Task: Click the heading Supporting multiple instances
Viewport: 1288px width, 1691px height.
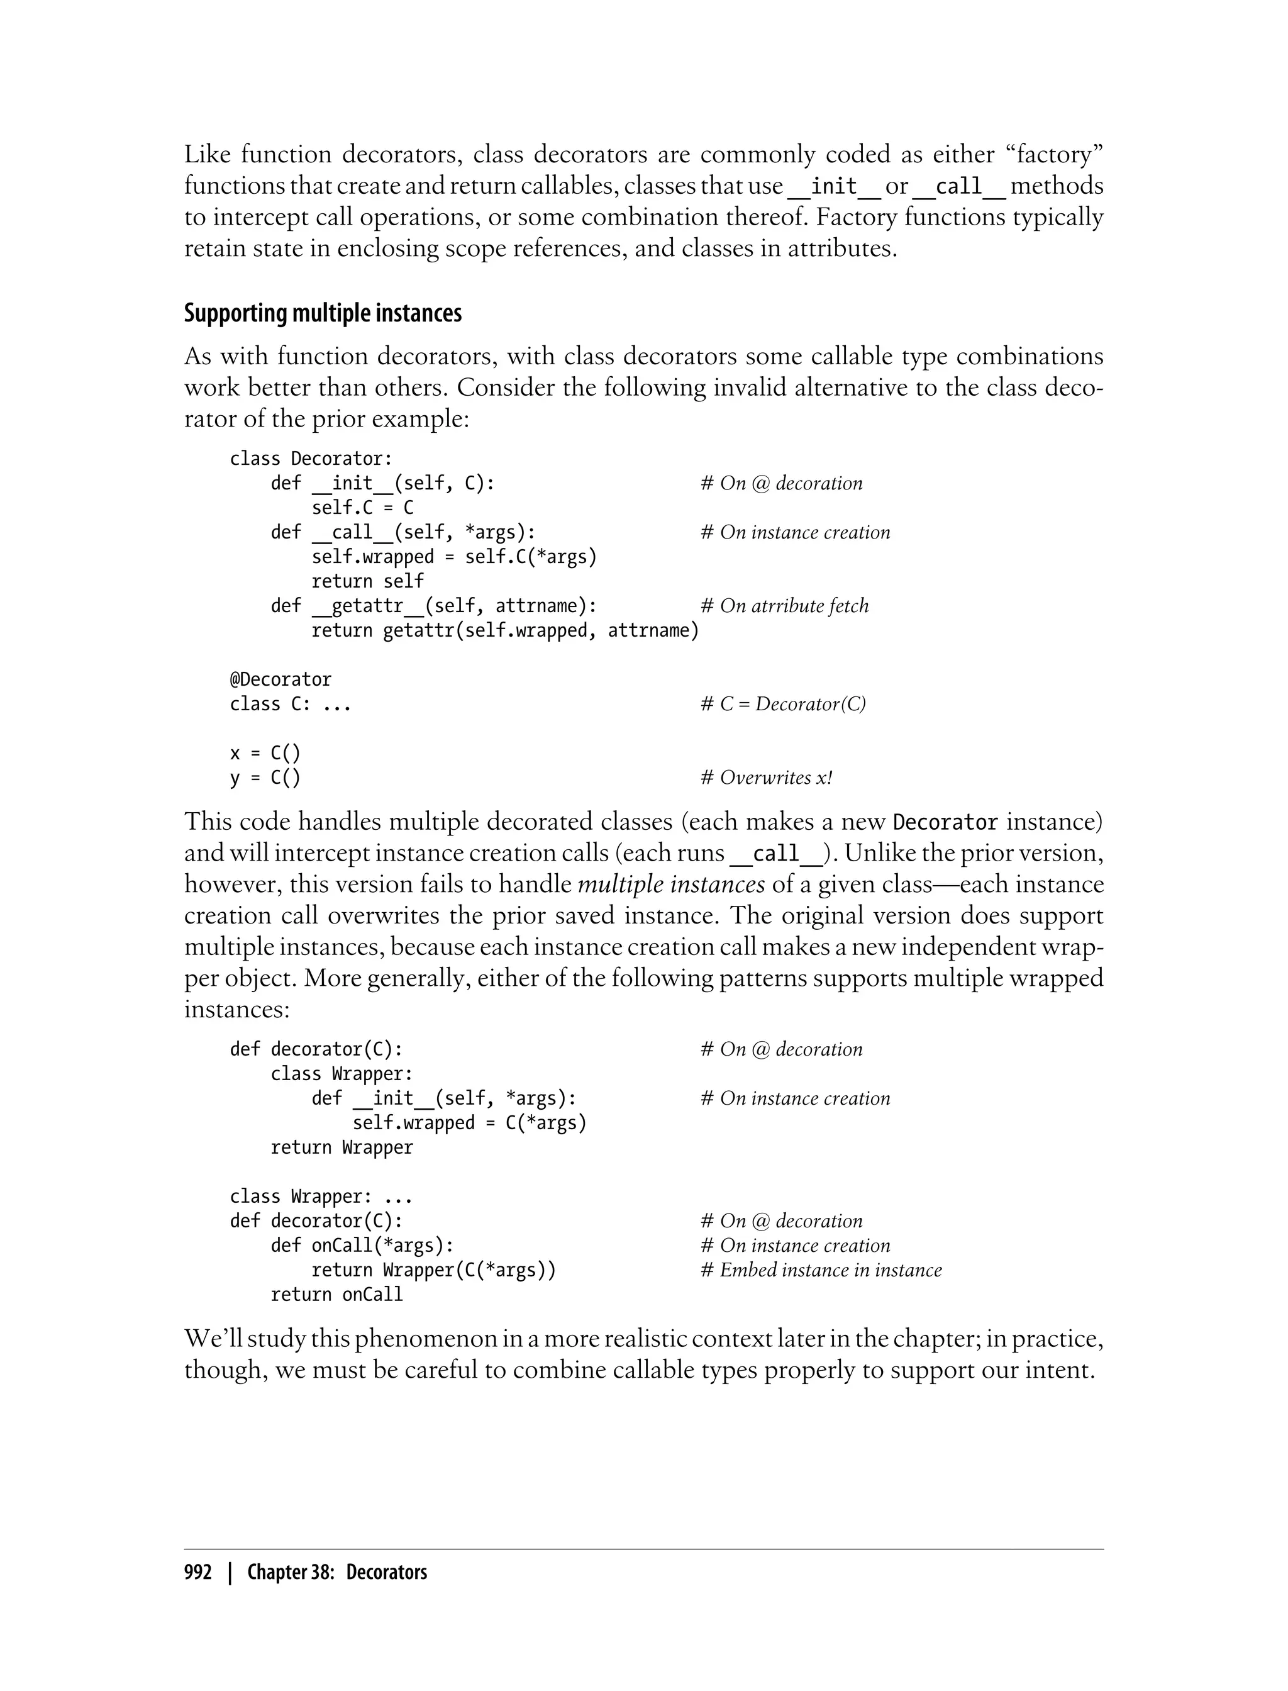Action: coord(323,314)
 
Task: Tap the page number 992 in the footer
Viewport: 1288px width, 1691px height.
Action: coord(198,1572)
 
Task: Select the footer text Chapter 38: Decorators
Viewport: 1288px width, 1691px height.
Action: coord(336,1572)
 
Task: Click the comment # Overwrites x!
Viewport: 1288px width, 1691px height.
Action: coord(766,778)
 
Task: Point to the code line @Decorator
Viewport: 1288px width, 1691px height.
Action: coord(280,679)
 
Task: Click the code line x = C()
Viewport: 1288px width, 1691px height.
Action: coord(265,753)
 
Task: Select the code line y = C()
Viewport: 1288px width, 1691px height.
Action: coord(265,778)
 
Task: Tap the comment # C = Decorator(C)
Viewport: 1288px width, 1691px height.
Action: coord(783,704)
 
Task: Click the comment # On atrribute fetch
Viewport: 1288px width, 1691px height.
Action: coord(784,606)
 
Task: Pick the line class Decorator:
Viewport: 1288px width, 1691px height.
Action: coord(311,459)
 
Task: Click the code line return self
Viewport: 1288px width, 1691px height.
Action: coord(367,581)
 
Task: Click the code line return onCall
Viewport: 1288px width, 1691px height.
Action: coord(336,1295)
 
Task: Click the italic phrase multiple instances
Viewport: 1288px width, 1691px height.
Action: coord(671,885)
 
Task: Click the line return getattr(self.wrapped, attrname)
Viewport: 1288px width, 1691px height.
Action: coord(504,630)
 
